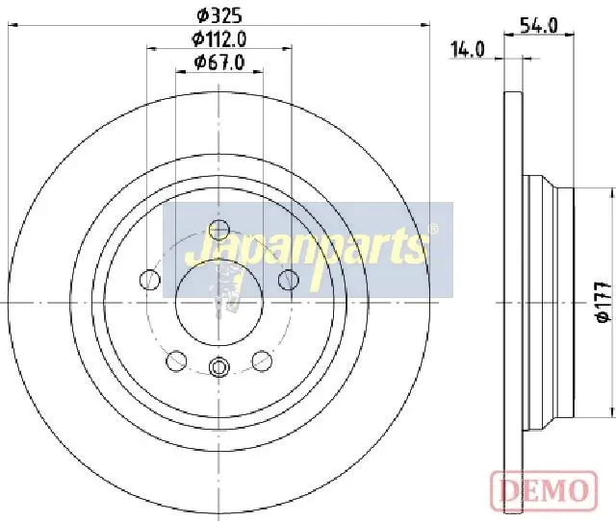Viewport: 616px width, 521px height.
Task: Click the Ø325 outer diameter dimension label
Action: [x=219, y=15]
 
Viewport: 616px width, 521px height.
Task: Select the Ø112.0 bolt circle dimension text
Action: [x=219, y=38]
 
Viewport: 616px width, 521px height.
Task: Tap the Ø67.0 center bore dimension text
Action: [x=219, y=62]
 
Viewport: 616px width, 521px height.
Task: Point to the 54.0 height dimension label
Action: [x=539, y=26]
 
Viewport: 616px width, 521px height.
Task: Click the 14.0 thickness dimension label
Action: [x=467, y=50]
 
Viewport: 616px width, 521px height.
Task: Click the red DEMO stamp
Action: [x=544, y=490]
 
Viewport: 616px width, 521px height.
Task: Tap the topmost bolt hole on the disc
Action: [x=218, y=230]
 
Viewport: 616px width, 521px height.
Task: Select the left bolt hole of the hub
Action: [x=150, y=280]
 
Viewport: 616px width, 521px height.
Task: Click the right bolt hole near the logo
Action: [x=288, y=280]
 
